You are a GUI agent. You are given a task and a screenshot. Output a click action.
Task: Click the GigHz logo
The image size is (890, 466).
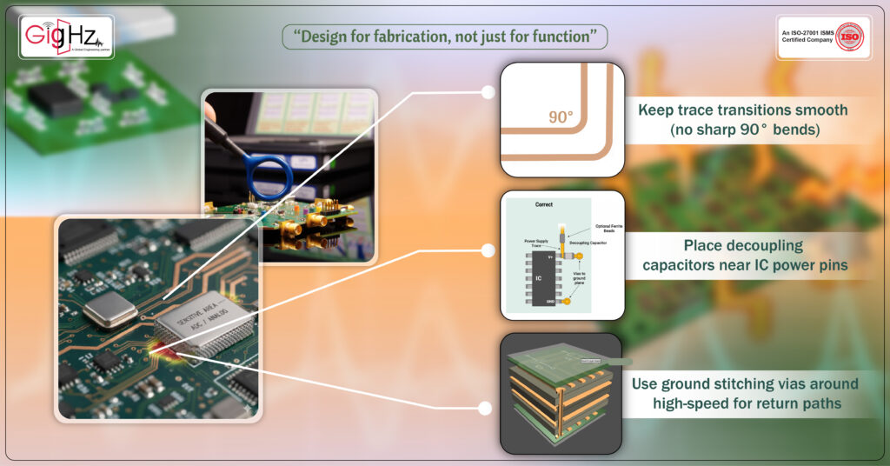[66, 37]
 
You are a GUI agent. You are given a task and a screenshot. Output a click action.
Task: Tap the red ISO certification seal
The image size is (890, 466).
[848, 37]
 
